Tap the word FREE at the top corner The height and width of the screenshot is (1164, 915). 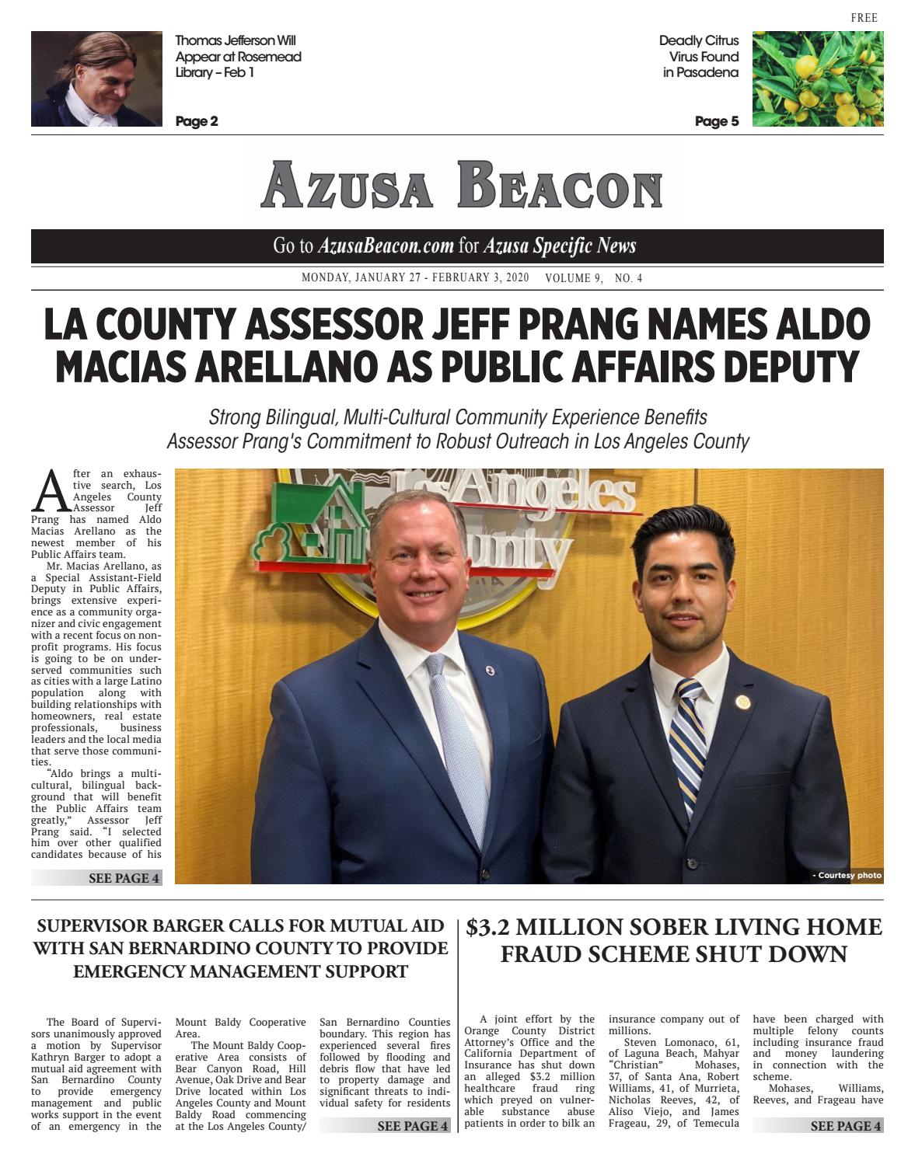click(864, 18)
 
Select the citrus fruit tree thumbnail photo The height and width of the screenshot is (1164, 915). click(817, 78)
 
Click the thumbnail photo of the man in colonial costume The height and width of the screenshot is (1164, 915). click(96, 78)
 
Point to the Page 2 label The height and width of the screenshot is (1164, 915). click(197, 121)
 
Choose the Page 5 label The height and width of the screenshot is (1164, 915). click(716, 121)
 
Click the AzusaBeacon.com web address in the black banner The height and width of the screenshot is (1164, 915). click(386, 246)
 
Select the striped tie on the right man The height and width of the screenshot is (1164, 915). click(688, 738)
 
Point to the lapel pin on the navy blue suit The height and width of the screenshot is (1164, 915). click(490, 670)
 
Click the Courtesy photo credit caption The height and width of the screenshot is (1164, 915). click(847, 875)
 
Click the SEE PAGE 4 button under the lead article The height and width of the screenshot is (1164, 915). click(124, 878)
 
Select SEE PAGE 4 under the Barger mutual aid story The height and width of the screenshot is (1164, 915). click(412, 1126)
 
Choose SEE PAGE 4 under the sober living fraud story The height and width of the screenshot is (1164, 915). click(845, 1126)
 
